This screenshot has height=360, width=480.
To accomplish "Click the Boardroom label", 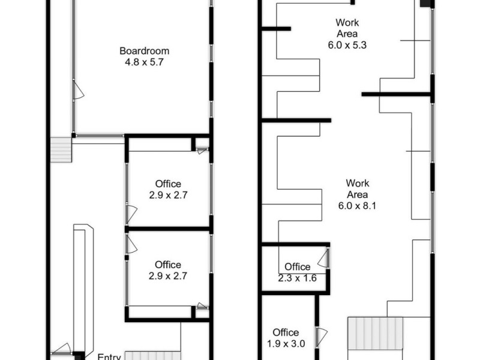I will pyautogui.click(x=144, y=51).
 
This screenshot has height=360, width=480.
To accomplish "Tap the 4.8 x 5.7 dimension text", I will pyautogui.click(x=144, y=61).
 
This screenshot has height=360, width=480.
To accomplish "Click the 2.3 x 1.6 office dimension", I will pyautogui.click(x=297, y=278).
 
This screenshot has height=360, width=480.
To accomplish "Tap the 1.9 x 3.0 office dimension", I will pyautogui.click(x=286, y=344).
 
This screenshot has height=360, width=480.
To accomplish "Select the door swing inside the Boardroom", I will pyautogui.click(x=78, y=91).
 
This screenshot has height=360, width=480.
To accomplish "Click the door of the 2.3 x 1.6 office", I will pyautogui.click(x=323, y=259).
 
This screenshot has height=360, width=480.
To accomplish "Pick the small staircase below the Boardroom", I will pyautogui.click(x=61, y=149).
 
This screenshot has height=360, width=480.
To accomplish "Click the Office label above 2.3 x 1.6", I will pyautogui.click(x=298, y=267).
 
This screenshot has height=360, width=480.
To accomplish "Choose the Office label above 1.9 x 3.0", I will pyautogui.click(x=286, y=332).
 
